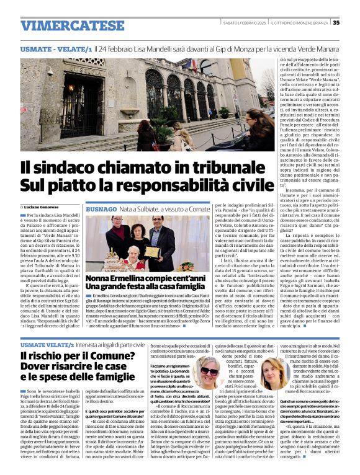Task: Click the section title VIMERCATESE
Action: tap(63, 25)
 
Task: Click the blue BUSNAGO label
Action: tap(101, 211)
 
